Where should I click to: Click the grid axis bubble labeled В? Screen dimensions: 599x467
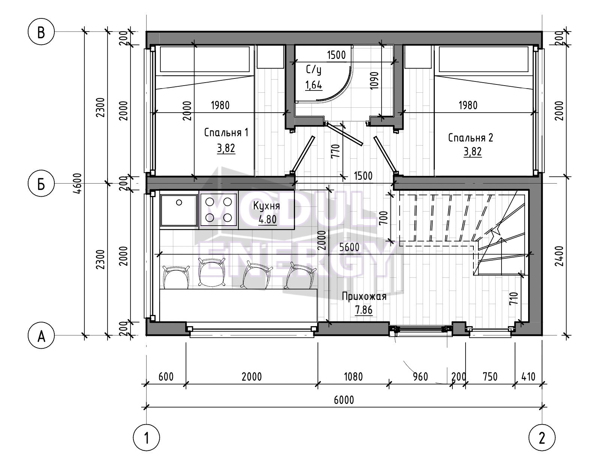point(41,32)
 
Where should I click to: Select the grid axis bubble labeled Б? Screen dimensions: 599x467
point(41,184)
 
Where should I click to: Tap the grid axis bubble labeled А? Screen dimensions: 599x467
point(41,336)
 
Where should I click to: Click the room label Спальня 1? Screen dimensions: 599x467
point(226,133)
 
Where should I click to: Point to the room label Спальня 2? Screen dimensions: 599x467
point(470,138)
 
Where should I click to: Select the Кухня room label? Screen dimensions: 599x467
point(267,206)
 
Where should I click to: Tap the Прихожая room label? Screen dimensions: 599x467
point(364,297)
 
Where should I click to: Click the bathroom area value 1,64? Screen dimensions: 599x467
point(314,85)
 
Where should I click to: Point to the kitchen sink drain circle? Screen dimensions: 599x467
point(179,203)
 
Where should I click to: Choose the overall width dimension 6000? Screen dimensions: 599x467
point(344,400)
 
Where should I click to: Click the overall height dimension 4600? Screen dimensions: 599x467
point(78,184)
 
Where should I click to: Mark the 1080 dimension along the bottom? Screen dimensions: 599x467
point(353,377)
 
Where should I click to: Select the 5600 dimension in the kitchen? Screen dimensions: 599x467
point(349,247)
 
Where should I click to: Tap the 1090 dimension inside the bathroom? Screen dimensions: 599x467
point(374,81)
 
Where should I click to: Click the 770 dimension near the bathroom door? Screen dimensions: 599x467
point(335,151)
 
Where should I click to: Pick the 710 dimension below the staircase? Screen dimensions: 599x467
point(514,298)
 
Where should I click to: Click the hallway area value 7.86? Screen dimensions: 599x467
point(364,310)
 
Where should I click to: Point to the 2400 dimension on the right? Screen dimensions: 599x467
point(559,256)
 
